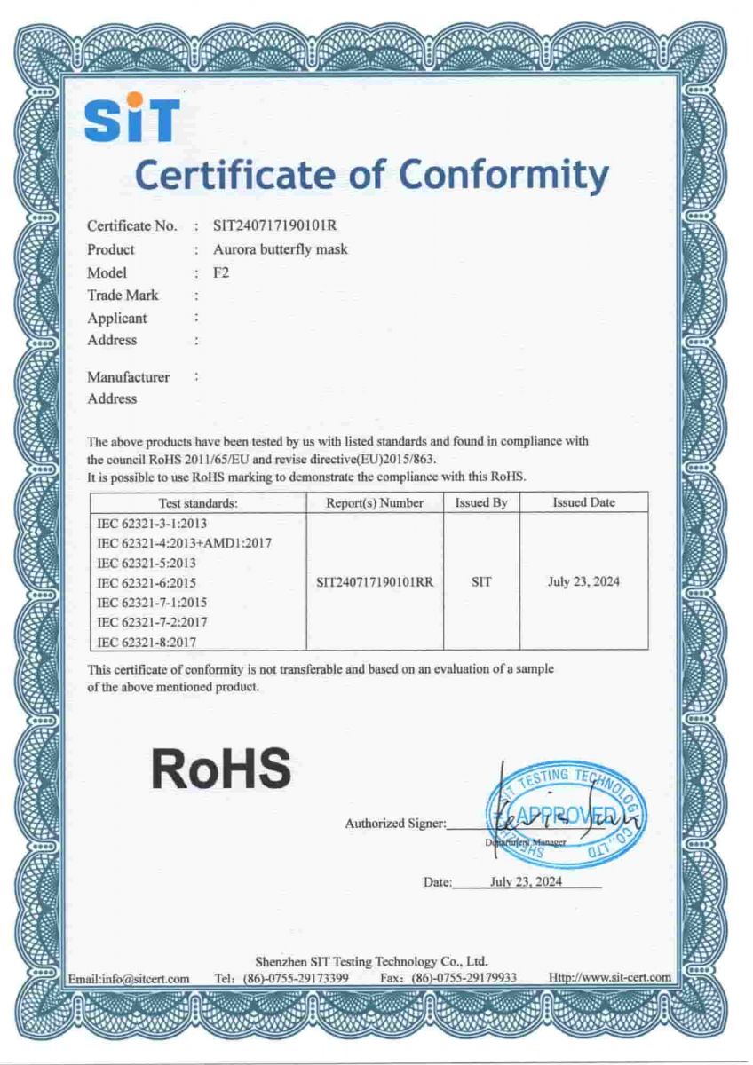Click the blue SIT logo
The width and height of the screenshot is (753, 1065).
click(131, 120)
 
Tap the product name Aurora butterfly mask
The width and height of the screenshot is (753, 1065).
click(281, 249)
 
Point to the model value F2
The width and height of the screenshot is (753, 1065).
click(221, 272)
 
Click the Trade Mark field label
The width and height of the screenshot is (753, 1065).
click(123, 295)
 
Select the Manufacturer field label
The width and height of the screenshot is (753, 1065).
click(128, 377)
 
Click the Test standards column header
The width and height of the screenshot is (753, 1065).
click(197, 502)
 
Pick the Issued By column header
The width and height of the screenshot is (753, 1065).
click(481, 502)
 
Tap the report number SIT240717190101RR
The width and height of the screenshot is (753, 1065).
click(375, 583)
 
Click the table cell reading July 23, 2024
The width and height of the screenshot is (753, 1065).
click(583, 582)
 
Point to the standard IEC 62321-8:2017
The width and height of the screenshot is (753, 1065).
click(147, 642)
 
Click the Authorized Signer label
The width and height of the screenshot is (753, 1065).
click(395, 824)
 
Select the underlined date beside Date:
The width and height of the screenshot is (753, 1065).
click(527, 881)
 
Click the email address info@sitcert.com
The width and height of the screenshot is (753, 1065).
click(130, 978)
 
